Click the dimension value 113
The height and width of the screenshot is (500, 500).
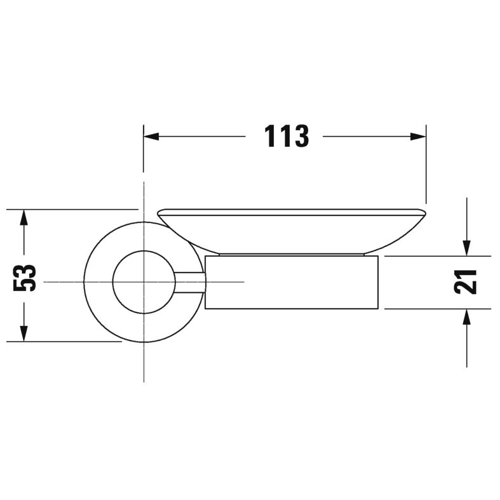click(x=286, y=136)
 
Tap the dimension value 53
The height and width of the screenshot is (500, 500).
click(x=25, y=277)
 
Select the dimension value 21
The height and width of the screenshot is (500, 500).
click(x=466, y=281)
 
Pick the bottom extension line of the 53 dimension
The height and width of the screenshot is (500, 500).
click(x=64, y=342)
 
